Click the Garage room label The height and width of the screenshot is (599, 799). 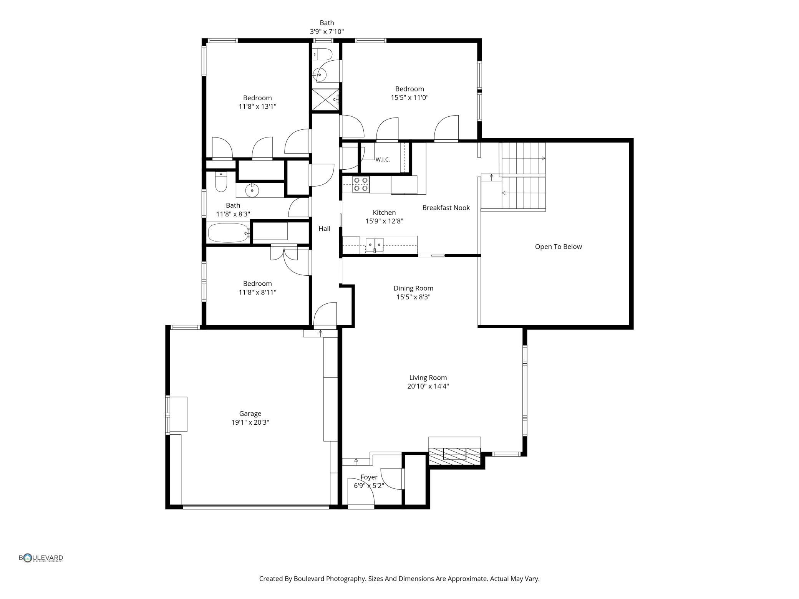(x=250, y=414)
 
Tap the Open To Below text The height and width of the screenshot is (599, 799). (x=558, y=247)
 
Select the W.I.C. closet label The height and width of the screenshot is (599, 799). (x=383, y=160)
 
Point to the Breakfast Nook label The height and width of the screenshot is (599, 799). (x=446, y=208)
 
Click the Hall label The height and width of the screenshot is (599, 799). (x=324, y=229)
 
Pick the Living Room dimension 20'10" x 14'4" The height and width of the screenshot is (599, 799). (x=428, y=386)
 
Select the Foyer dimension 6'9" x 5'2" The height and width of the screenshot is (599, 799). (x=369, y=486)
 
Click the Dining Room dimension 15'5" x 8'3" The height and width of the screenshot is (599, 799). (x=413, y=297)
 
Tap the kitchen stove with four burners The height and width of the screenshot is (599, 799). (x=361, y=184)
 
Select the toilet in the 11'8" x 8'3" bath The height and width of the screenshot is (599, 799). (x=221, y=182)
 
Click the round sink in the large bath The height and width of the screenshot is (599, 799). (x=252, y=190)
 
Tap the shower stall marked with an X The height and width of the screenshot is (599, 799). (x=325, y=99)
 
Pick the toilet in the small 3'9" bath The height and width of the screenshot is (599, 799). (x=322, y=55)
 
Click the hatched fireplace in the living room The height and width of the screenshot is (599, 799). (x=454, y=455)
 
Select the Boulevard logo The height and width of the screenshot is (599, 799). (x=41, y=558)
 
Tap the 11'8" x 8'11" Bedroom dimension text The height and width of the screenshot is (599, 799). (x=257, y=292)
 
